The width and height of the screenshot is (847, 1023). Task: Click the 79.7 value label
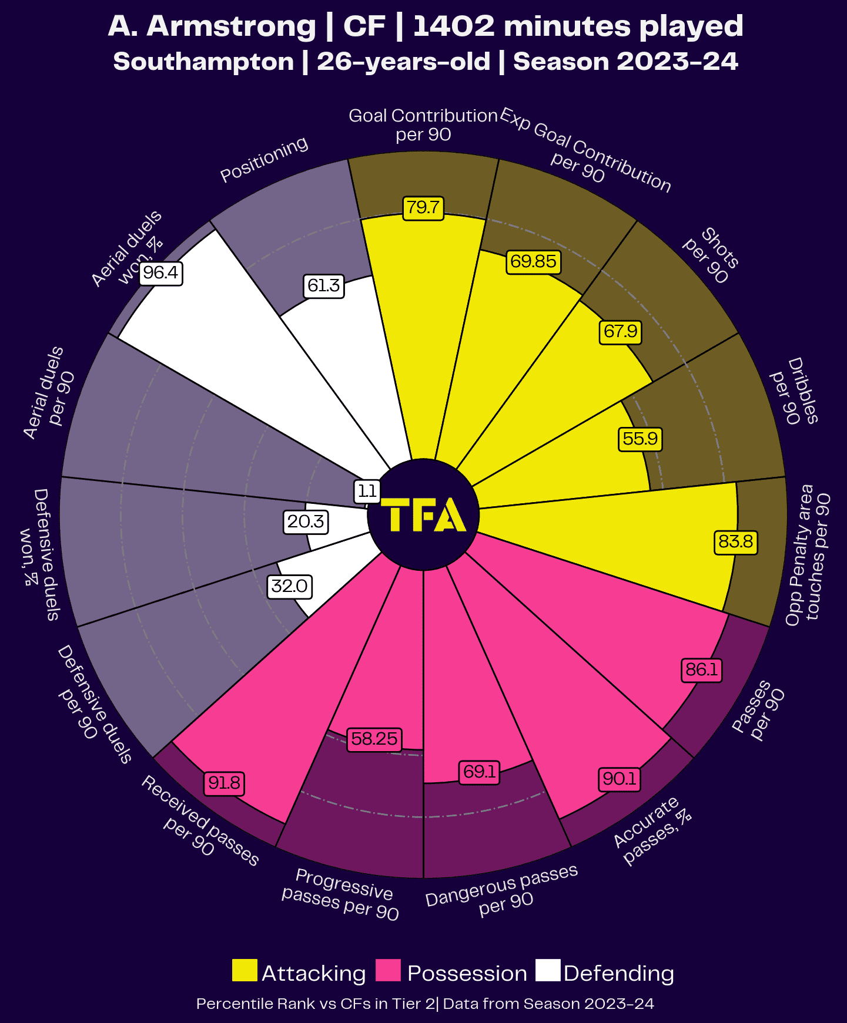[423, 208]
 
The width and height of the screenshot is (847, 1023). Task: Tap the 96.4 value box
[161, 273]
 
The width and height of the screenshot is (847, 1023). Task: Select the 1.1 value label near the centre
[367, 491]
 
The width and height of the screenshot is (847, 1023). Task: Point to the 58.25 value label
[374, 739]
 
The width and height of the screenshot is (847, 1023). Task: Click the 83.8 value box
[735, 541]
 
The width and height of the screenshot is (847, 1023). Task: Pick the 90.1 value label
[620, 779]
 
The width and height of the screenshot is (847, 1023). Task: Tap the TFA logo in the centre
[423, 515]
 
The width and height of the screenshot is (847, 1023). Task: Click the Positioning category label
[264, 159]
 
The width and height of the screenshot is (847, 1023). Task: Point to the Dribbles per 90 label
[795, 391]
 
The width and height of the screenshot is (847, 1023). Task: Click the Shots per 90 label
[711, 255]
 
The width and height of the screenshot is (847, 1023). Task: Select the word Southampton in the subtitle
[203, 62]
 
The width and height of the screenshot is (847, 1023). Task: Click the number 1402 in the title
[454, 26]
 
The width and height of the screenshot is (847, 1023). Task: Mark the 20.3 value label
[306, 521]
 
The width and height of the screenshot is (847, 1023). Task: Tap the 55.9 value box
[640, 439]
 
